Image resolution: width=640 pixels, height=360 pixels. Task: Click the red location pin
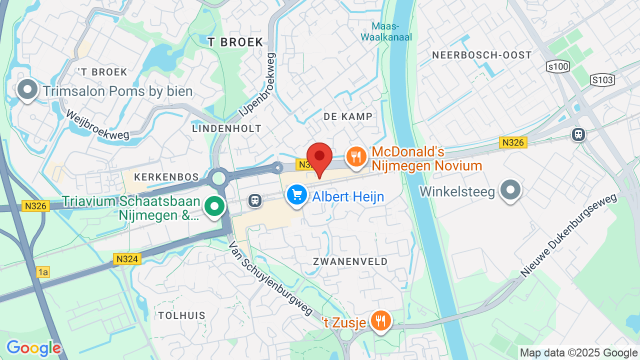click(x=319, y=157)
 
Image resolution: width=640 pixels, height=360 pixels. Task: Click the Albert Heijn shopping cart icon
click(x=297, y=194)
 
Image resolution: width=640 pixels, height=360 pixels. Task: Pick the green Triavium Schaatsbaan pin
click(x=214, y=205)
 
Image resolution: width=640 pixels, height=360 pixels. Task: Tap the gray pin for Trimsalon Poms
click(x=27, y=90)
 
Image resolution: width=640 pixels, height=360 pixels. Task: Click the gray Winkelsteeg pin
click(x=510, y=190)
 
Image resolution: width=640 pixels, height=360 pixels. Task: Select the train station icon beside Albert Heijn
click(x=255, y=200)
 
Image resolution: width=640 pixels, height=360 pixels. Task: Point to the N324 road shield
click(x=127, y=259)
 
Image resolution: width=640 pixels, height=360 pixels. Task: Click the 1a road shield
click(x=43, y=272)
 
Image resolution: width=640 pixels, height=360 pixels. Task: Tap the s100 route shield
click(x=558, y=66)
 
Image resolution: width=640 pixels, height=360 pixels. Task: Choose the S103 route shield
click(x=602, y=79)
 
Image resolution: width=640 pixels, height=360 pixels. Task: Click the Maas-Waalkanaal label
click(x=386, y=31)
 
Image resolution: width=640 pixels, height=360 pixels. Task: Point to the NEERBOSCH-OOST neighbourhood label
click(x=482, y=55)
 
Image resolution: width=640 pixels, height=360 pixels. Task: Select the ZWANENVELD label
click(x=350, y=261)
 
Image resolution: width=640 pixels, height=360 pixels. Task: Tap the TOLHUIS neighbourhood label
click(x=182, y=315)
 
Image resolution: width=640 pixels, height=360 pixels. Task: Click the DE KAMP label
click(x=348, y=116)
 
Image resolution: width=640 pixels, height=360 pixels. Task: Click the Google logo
click(x=33, y=348)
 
